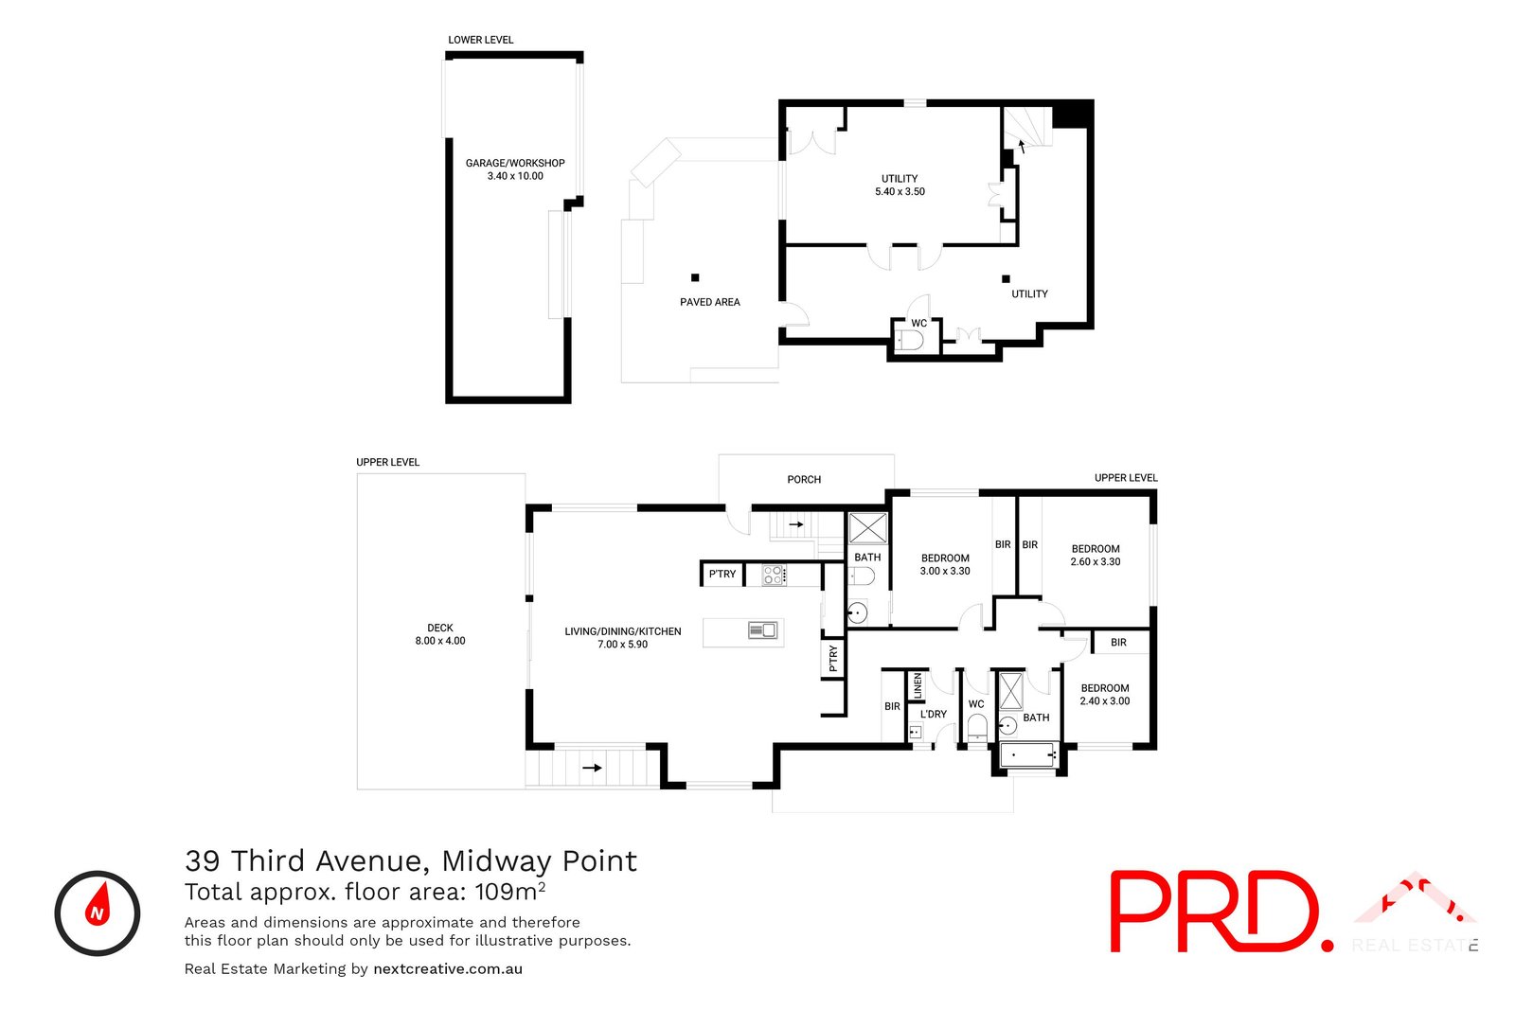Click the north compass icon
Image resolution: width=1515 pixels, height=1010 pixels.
(97, 913)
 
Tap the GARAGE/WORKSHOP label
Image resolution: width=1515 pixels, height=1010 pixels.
(515, 169)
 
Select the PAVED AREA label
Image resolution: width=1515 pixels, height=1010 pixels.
(709, 302)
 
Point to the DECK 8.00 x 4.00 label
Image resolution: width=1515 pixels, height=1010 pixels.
(440, 634)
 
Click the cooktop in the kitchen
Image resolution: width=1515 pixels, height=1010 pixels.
(774, 575)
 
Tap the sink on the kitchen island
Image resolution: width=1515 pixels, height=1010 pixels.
(762, 630)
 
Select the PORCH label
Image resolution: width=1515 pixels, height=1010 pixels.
(804, 480)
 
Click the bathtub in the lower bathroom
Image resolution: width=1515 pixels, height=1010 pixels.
(1028, 755)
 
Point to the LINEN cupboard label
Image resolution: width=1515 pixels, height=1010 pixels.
(918, 686)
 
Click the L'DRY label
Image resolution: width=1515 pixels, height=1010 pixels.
(934, 715)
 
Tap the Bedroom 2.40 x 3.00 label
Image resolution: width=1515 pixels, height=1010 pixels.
(1105, 695)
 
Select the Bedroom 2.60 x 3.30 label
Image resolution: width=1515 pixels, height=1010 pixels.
(1096, 555)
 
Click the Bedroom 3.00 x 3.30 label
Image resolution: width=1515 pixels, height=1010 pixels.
(945, 564)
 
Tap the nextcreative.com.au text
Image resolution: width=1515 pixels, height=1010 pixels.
(448, 969)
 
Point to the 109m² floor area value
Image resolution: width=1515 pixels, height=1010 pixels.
(509, 892)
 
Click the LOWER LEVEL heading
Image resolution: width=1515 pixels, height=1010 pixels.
(481, 40)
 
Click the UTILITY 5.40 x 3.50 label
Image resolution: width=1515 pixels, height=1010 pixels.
(900, 185)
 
